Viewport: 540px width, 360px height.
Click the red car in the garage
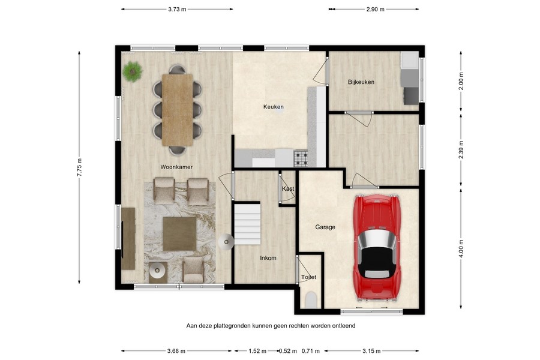pos(376,247)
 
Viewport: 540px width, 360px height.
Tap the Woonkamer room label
pos(176,167)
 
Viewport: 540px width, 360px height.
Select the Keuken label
pos(273,107)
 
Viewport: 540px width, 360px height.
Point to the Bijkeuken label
pos(361,82)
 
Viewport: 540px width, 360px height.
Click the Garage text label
pos(325,227)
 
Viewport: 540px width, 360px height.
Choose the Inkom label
pos(268,258)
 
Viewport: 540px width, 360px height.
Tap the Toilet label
pos(308,277)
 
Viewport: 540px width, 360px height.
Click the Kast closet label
pos(288,188)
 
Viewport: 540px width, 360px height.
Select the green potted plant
pos(131,72)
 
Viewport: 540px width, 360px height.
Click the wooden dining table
pos(177,109)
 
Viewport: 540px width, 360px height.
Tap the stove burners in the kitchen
pos(301,158)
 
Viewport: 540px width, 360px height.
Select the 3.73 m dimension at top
pos(177,9)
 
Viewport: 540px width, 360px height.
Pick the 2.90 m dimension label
pos(374,9)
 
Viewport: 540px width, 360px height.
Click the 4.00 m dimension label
pos(461,247)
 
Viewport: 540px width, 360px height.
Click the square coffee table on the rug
pos(179,233)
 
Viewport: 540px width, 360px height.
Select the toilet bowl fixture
pos(310,300)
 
